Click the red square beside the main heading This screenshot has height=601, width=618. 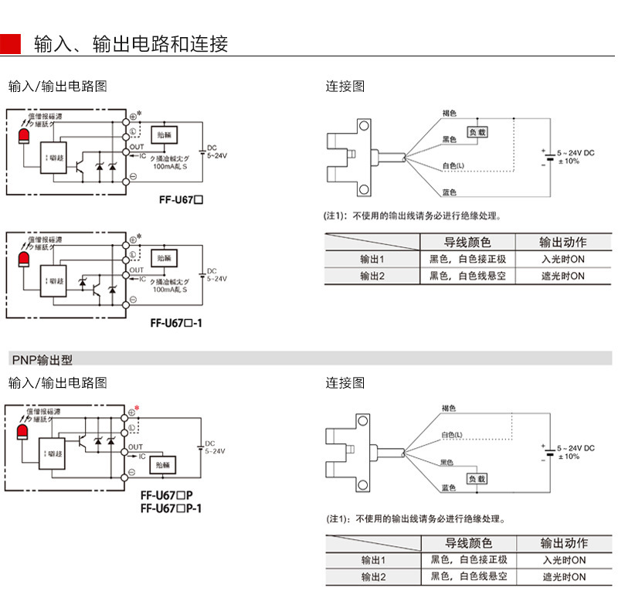click(x=10, y=44)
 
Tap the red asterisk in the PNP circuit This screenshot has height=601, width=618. click(x=138, y=408)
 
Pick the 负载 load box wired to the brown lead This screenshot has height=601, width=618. click(x=477, y=132)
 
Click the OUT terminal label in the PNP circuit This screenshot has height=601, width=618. click(x=135, y=447)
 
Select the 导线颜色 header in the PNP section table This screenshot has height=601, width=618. click(x=467, y=543)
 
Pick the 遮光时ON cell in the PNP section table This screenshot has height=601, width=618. click(x=564, y=577)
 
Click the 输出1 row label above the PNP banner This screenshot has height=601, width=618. click(x=372, y=260)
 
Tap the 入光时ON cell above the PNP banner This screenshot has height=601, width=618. click(x=563, y=260)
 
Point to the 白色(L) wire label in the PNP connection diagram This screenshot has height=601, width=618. click(x=452, y=435)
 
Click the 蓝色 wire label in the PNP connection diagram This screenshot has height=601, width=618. click(x=448, y=488)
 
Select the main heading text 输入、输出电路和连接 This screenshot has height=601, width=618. click(x=131, y=44)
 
